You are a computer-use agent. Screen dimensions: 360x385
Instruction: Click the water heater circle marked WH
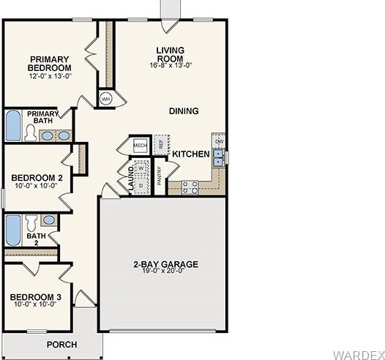105,97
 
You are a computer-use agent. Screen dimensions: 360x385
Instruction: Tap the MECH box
140,146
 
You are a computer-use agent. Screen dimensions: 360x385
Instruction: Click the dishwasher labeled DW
218,140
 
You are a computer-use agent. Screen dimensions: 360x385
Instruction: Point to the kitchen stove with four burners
190,187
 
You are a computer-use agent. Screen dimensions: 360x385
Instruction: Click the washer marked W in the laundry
141,168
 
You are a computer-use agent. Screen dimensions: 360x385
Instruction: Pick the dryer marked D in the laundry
141,186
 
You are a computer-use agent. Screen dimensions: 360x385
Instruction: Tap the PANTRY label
159,178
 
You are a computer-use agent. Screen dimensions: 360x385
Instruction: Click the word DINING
184,111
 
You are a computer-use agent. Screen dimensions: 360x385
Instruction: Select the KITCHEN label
191,154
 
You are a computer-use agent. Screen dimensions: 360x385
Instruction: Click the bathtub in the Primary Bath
12,125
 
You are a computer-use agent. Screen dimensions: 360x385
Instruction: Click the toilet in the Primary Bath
30,132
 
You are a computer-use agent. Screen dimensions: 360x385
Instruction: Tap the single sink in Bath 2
48,220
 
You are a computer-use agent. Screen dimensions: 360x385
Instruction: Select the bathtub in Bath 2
12,230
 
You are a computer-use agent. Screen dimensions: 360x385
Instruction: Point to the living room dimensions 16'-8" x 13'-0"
170,64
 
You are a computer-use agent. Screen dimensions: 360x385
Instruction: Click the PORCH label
62,344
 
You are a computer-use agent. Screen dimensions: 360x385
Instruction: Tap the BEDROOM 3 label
36,297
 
